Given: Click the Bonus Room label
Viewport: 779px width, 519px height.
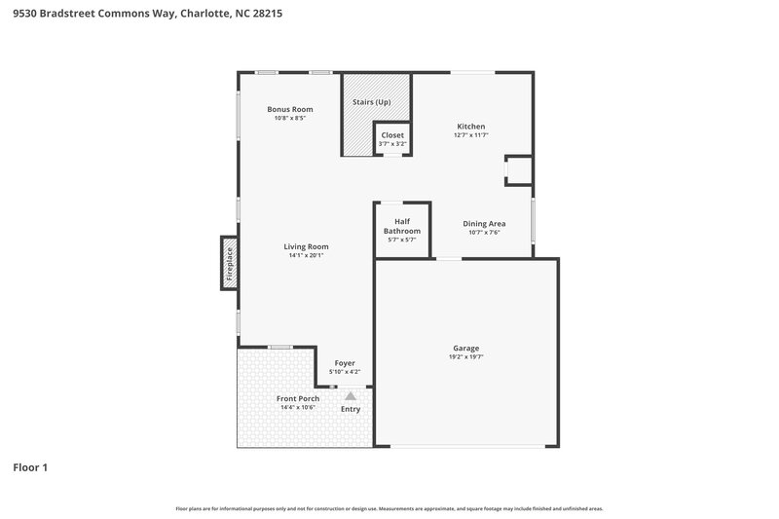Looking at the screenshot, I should coord(290,108).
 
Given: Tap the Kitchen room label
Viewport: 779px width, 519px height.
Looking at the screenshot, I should coord(471,127).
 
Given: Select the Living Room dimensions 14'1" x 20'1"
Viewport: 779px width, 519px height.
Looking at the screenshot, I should coord(306,256).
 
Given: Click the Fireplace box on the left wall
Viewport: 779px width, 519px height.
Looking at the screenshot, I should coord(230,263).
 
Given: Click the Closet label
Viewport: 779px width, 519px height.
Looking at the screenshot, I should coord(392,135).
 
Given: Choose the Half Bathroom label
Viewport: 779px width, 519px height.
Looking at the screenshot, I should coord(401,226).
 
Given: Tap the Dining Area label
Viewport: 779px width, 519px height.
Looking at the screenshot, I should coord(484,223).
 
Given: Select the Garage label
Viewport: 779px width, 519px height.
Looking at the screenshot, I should coord(465,348).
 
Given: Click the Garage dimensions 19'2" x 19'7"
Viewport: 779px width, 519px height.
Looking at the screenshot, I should coord(465,357).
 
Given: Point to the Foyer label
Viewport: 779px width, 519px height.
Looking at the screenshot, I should coord(346,363).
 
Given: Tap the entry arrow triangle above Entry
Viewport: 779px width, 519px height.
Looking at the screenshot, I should coord(351,395).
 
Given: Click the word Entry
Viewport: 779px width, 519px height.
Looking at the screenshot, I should coord(351,409).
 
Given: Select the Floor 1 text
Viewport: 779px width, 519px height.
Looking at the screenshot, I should coord(30,467).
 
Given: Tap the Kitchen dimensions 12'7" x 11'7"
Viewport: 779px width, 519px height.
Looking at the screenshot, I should coord(471,135).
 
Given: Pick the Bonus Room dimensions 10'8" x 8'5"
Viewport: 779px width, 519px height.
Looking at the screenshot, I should coord(290,118).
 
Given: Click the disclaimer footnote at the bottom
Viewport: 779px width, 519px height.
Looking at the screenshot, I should coord(389,508).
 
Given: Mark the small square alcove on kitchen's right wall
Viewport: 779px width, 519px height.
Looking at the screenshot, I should coord(519,171).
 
